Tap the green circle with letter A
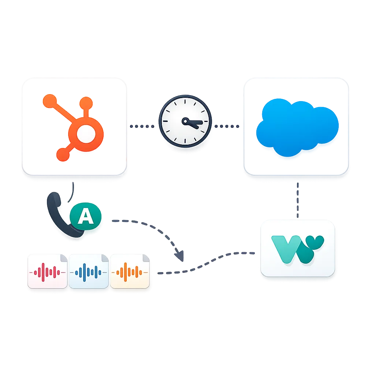[x=86, y=216]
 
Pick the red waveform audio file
[x=47, y=271]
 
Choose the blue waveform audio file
[x=89, y=271]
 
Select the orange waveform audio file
[x=130, y=271]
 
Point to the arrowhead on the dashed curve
[x=179, y=256]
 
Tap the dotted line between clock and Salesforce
[x=226, y=126]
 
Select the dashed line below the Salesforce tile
[x=297, y=200]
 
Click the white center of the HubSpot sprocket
[x=85, y=135]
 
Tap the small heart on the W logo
[x=316, y=242]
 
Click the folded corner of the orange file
[x=146, y=257]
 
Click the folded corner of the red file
[x=64, y=257]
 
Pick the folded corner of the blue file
[x=105, y=257]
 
